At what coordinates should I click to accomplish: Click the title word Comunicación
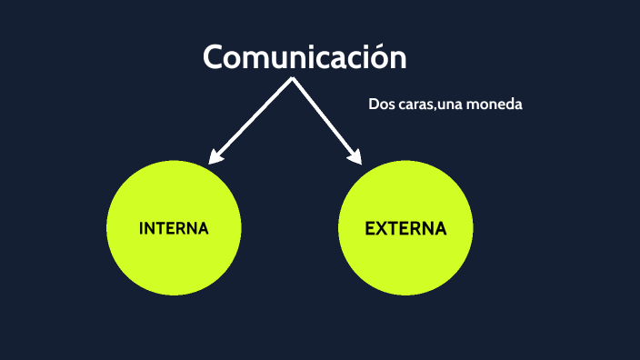[305, 57]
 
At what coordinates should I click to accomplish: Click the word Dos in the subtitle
[381, 105]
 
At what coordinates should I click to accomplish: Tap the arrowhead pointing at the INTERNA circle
[214, 158]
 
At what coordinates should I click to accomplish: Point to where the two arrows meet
[292, 79]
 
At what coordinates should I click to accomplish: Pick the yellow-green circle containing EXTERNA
[405, 264]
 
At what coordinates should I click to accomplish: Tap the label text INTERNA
[174, 228]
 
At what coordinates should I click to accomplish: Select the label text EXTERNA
[405, 228]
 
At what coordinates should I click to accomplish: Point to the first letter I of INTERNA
[142, 228]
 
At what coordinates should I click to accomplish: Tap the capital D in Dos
[374, 105]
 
